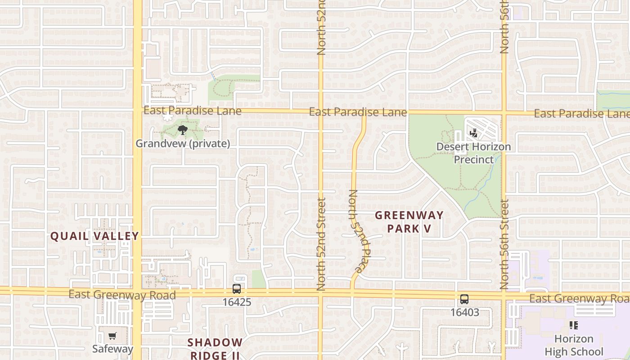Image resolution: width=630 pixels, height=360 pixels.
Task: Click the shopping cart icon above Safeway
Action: (112, 336)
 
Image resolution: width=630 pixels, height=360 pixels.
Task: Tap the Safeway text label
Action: (112, 349)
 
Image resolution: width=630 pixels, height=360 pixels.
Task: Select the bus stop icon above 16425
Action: (237, 289)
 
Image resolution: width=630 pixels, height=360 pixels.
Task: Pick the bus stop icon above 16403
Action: (464, 299)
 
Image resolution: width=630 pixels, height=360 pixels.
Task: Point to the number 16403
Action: (464, 312)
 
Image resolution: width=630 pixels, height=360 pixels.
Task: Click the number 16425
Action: (237, 301)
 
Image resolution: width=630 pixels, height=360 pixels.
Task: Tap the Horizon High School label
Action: (574, 345)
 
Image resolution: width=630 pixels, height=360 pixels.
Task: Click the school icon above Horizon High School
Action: (573, 325)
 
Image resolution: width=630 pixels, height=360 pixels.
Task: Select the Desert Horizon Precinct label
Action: (473, 153)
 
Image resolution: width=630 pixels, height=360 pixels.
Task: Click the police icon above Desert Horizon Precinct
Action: (473, 133)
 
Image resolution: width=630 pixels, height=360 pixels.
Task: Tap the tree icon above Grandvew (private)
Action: (182, 130)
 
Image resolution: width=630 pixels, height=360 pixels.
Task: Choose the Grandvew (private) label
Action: (183, 144)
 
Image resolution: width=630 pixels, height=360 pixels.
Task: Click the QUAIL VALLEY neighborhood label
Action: (94, 236)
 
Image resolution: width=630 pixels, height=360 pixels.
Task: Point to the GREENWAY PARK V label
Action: (409, 221)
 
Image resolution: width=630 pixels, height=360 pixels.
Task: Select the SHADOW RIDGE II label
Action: (215, 349)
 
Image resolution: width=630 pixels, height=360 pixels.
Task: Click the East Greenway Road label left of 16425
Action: (122, 295)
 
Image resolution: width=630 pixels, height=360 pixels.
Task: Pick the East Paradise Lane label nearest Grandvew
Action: (192, 110)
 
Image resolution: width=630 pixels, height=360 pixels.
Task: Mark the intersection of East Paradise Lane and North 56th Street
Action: (504, 112)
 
